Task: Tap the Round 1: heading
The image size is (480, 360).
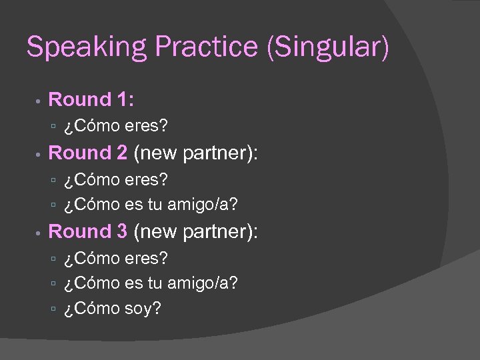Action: pos(91,100)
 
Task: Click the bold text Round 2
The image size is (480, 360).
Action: pos(88,153)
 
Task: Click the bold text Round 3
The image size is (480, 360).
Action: pos(88,231)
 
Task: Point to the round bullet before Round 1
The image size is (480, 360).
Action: pos(39,101)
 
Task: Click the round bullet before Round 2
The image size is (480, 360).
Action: pos(39,155)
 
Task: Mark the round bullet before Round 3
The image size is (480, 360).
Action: pos(39,233)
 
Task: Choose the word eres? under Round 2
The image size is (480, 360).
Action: pos(146,180)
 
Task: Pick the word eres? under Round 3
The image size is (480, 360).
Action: pos(146,258)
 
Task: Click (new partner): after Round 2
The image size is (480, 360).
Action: pos(195,154)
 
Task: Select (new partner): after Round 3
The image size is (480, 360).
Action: pos(195,232)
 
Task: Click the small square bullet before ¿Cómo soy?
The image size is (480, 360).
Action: pos(55,309)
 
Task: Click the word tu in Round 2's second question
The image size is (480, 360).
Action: pos(154,205)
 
